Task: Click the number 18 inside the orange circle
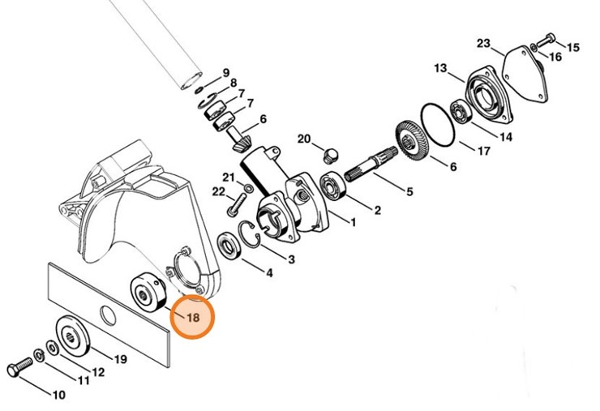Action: click(193, 318)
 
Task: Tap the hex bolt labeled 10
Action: click(19, 370)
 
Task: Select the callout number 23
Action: click(483, 42)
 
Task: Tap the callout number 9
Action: click(226, 73)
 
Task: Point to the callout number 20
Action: click(304, 139)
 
